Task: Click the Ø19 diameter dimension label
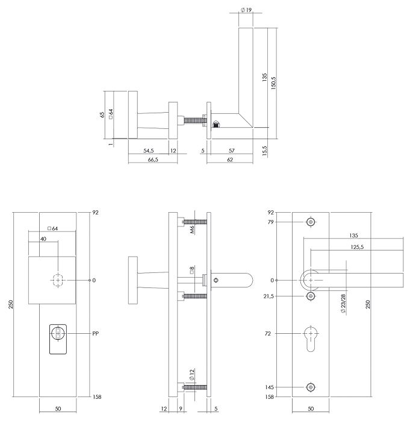(x=246, y=10)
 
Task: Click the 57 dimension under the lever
(x=231, y=150)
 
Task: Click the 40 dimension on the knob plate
(x=43, y=239)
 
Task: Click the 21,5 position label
(x=269, y=296)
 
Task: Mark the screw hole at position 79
(x=311, y=222)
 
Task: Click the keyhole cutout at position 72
(x=311, y=337)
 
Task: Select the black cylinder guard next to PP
(x=58, y=339)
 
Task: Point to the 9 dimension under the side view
(x=181, y=409)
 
